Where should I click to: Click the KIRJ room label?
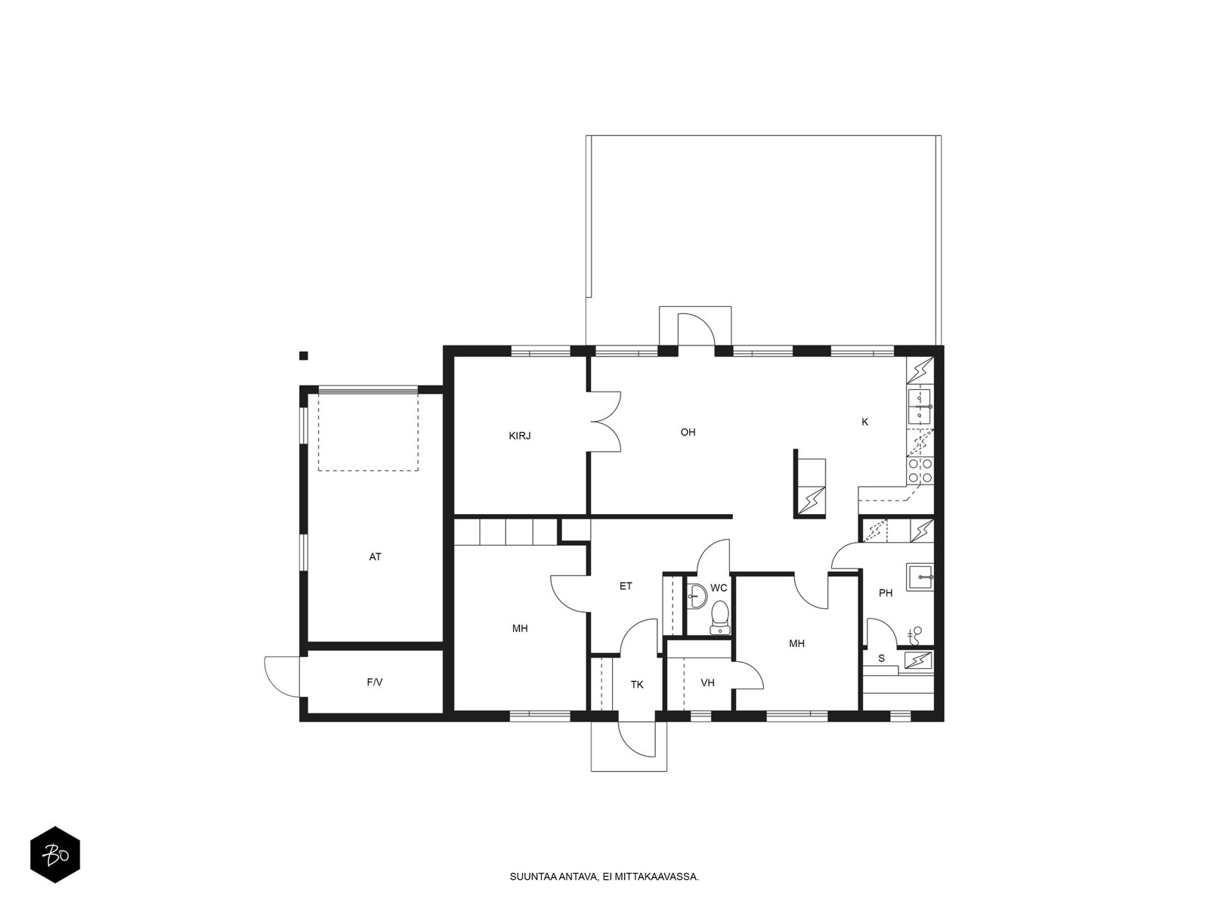[x=520, y=436]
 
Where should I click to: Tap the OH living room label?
[x=688, y=432]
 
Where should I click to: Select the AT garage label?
[x=376, y=557]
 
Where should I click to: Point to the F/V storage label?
[x=375, y=683]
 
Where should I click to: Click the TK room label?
[x=637, y=685]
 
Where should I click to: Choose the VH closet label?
[x=707, y=683]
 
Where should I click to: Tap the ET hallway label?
[x=626, y=586]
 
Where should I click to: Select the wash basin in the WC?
[x=697, y=598]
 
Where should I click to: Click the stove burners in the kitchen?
[x=920, y=471]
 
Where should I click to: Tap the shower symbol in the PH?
[x=915, y=633]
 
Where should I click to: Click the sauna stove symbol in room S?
[x=918, y=661]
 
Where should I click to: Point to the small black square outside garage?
[x=303, y=355]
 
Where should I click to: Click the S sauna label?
[x=881, y=659]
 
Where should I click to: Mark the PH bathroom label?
[x=886, y=593]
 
